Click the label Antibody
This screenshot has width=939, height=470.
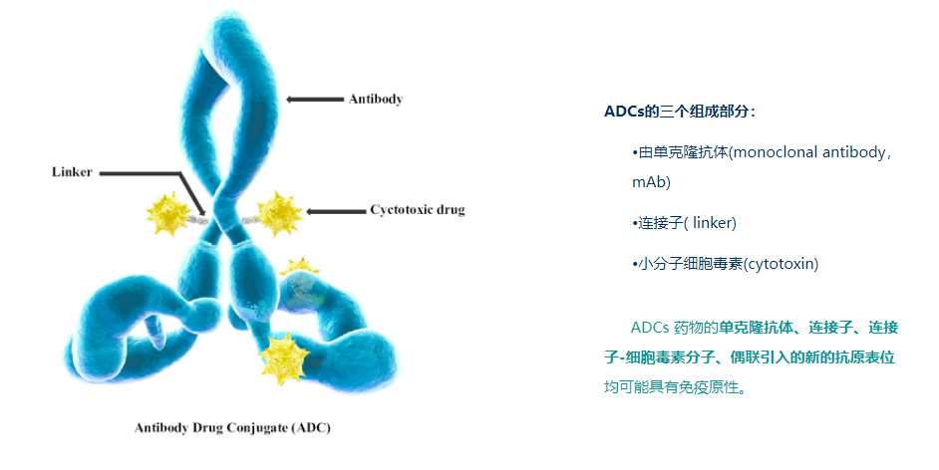[376, 100]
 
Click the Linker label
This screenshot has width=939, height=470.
[72, 172]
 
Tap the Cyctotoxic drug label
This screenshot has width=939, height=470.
[418, 210]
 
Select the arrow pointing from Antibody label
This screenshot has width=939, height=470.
[315, 100]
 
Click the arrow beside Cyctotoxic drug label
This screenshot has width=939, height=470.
[335, 211]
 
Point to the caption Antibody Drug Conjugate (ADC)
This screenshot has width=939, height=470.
[232, 427]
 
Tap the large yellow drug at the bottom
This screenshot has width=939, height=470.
[284, 358]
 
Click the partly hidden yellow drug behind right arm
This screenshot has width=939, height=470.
[299, 266]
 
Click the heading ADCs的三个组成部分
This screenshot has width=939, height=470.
[679, 112]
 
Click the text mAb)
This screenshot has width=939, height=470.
[651, 182]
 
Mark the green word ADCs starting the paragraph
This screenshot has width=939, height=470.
[650, 328]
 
